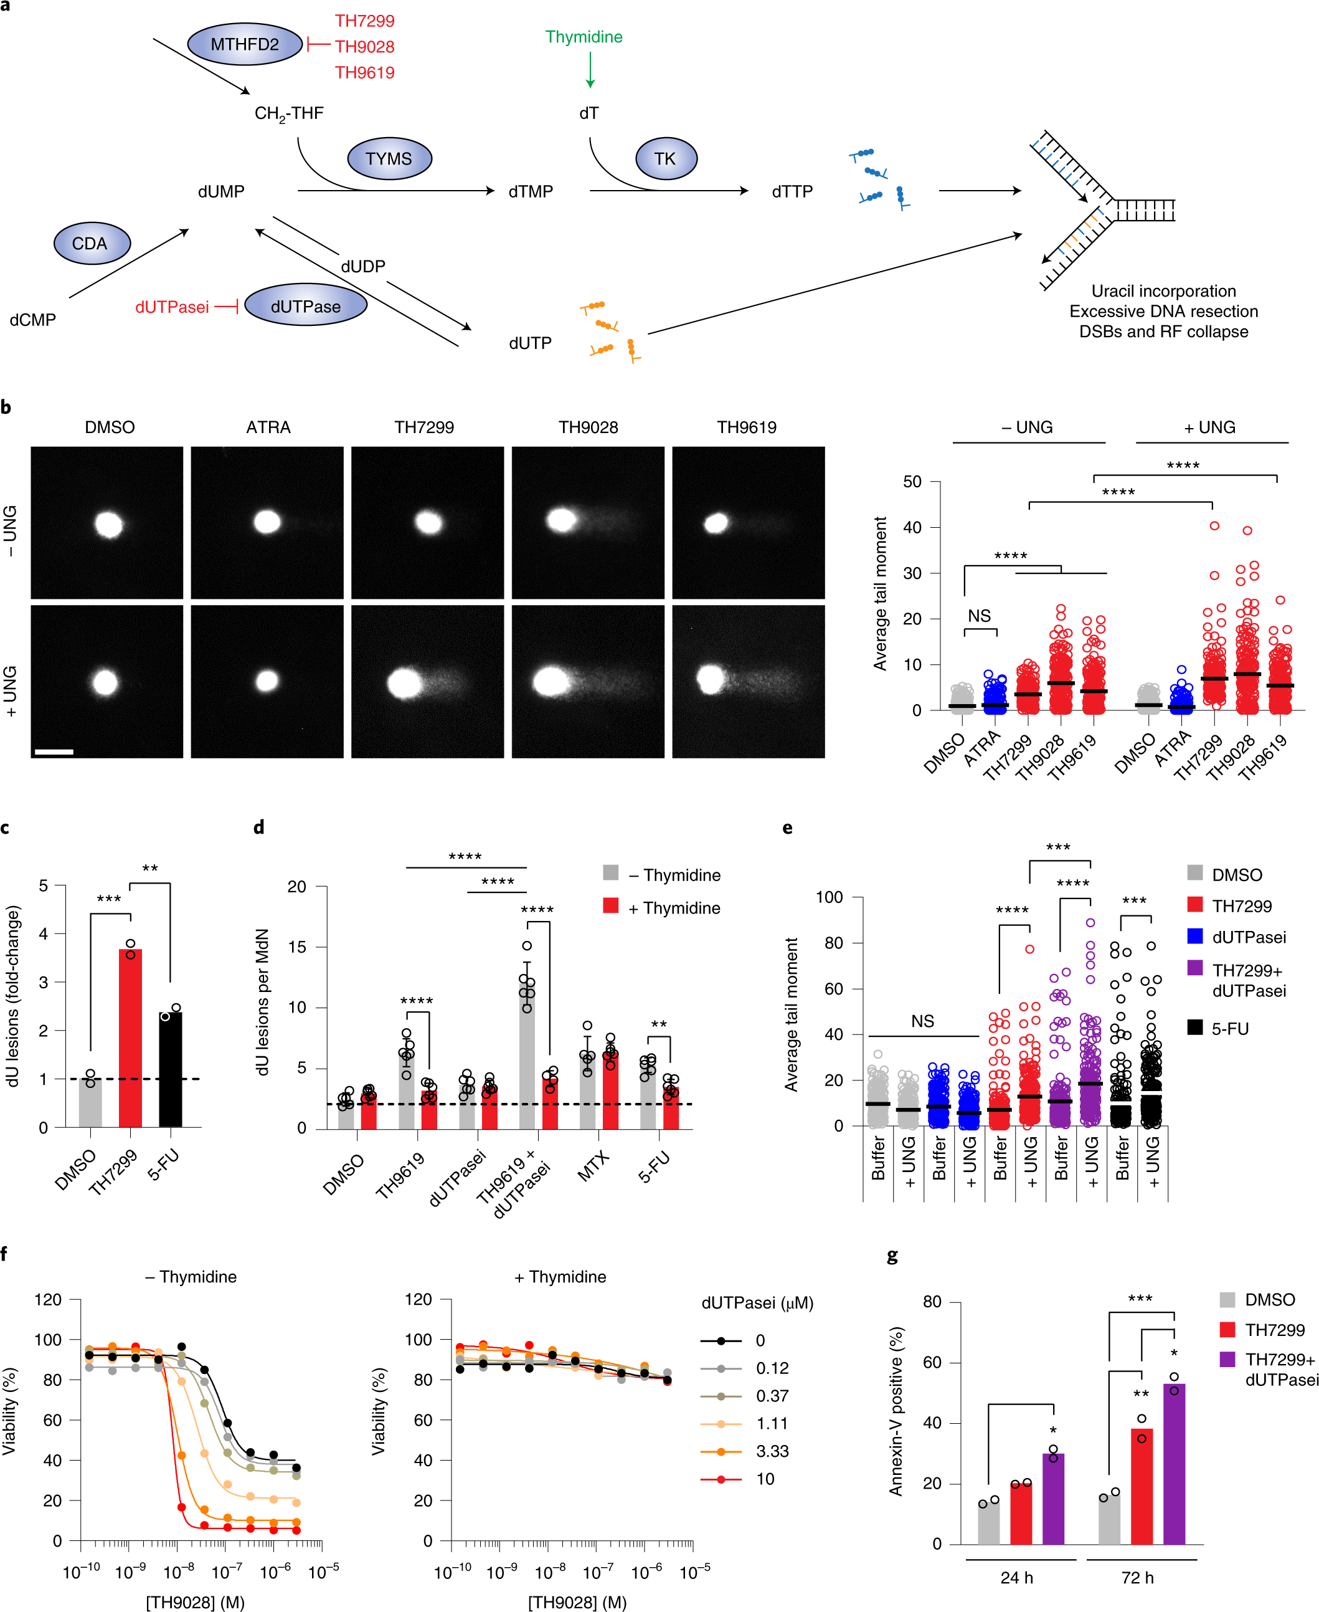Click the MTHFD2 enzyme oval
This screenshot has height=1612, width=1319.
[244, 44]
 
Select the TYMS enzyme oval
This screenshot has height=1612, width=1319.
[389, 159]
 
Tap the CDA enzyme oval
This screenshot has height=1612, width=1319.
[91, 243]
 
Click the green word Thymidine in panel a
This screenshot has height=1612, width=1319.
[584, 37]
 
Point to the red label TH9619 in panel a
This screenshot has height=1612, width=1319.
[365, 73]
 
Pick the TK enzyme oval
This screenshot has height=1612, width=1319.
[665, 158]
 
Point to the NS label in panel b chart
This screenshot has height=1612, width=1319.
[980, 616]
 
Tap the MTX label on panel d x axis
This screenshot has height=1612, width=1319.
[593, 1166]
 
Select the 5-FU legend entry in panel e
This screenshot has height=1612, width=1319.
[1229, 1028]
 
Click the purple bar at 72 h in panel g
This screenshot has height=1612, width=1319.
[1174, 1463]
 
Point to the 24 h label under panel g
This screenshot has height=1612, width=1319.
[1016, 1577]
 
